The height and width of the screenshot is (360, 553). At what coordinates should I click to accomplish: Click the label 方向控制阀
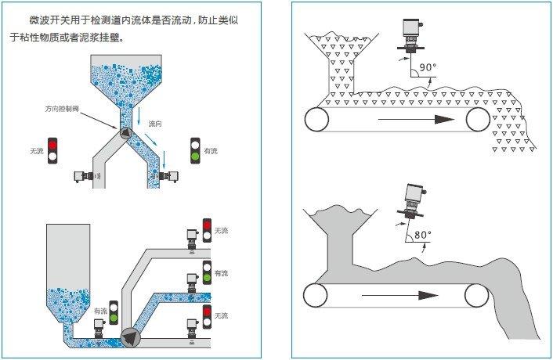point(63,109)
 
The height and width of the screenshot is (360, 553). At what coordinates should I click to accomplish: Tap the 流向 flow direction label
point(156,124)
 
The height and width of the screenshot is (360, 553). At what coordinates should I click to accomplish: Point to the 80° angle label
point(423,234)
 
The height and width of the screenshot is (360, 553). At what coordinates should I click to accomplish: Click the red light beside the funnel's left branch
point(53,145)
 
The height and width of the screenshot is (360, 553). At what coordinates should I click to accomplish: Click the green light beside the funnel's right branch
point(195,157)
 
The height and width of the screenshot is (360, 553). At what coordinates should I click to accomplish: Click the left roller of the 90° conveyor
point(317,119)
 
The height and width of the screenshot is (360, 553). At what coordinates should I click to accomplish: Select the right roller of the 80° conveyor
point(476,295)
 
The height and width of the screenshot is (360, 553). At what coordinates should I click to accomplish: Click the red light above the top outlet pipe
point(207,225)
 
